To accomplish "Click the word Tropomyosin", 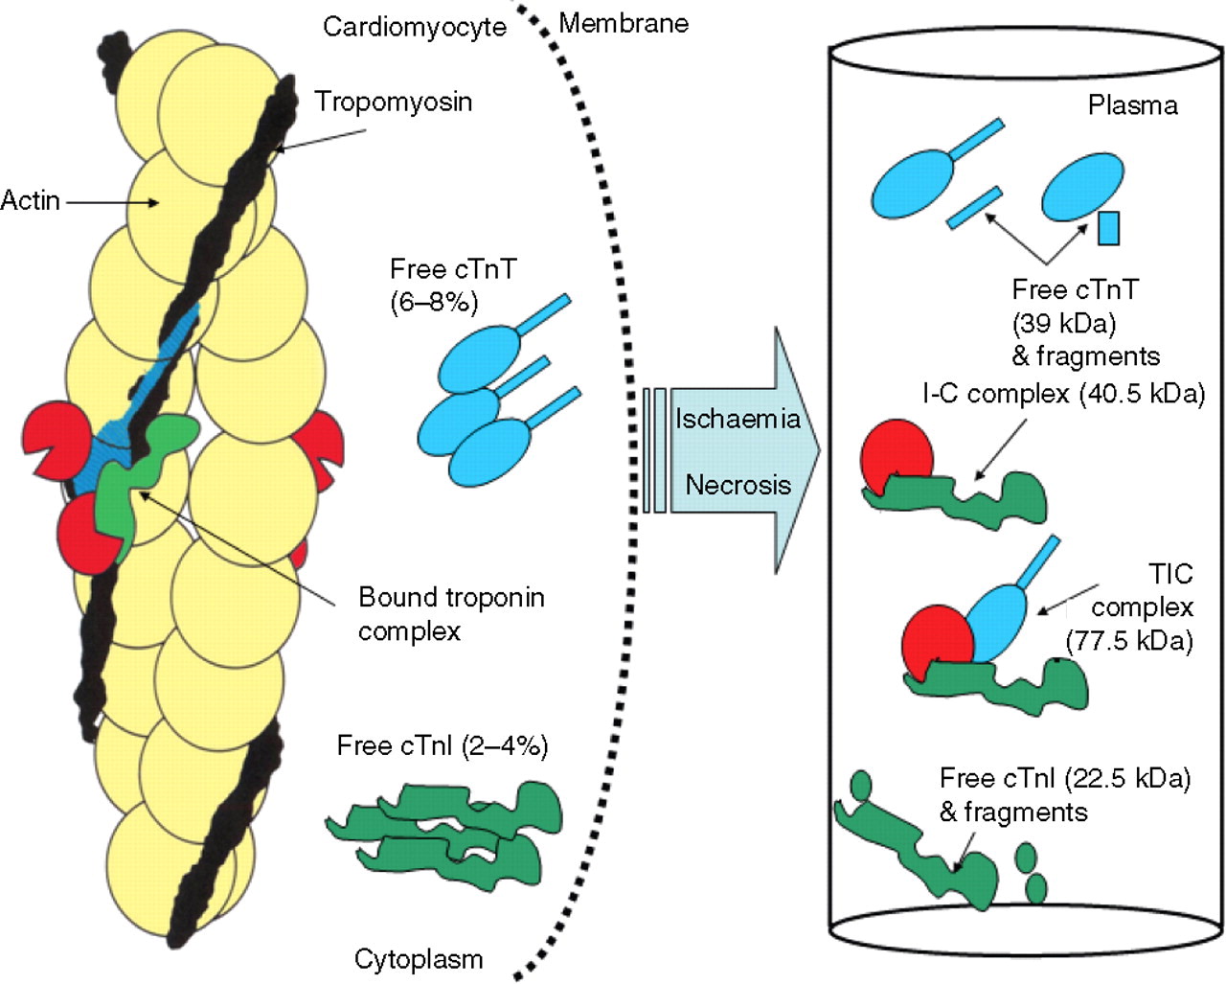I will pyautogui.click(x=394, y=102).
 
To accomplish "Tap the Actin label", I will pyautogui.click(x=30, y=201).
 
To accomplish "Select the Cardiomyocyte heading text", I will pyautogui.click(x=414, y=26).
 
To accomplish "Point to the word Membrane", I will pyautogui.click(x=624, y=24).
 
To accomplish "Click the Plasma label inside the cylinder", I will pyautogui.click(x=1132, y=104).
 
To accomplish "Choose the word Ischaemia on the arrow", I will pyautogui.click(x=738, y=419).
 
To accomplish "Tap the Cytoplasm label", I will pyautogui.click(x=419, y=959).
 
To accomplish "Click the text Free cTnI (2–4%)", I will pyautogui.click(x=443, y=746).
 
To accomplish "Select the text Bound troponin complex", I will pyautogui.click(x=451, y=614).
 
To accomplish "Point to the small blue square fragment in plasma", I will pyautogui.click(x=1108, y=227).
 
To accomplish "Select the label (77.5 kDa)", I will pyautogui.click(x=1128, y=640).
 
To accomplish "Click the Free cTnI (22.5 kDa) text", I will pyautogui.click(x=1064, y=778).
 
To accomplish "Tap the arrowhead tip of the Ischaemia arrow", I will pyautogui.click(x=819, y=450).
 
